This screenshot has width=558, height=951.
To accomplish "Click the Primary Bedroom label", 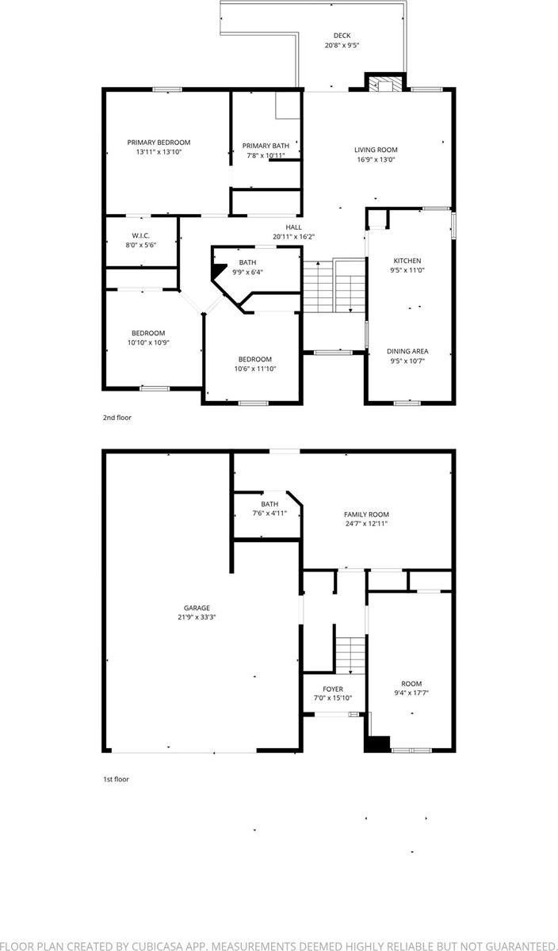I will coord(159,143).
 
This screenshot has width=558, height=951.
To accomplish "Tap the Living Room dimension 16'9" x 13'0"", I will coord(376,159).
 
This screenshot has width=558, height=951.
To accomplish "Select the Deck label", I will coord(342,36).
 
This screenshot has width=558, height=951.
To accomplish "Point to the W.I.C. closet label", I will coord(141,235).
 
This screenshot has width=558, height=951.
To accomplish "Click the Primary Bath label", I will coord(266,146).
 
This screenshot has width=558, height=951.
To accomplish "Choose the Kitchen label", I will coord(407,261).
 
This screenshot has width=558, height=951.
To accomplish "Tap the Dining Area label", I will coord(407,351).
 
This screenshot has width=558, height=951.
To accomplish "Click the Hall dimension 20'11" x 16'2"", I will coord(293,237).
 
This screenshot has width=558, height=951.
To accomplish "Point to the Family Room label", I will coord(366,514).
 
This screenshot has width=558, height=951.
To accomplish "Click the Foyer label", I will coord(333,689).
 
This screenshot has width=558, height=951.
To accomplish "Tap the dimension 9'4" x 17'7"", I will coord(411,693).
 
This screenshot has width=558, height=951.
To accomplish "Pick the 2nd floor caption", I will coord(117,417).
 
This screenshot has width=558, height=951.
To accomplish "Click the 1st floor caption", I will coord(116,779).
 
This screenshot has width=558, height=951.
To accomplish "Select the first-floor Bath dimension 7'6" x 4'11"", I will coord(269,514).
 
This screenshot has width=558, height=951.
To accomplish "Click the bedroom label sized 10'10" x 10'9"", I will coord(148,333).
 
